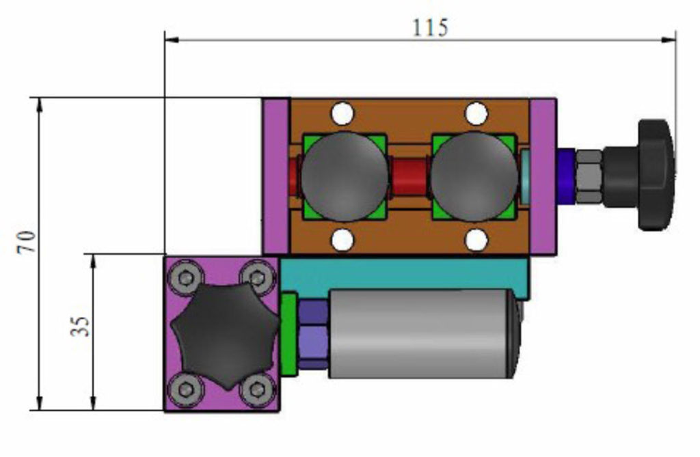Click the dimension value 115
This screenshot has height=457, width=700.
click(x=430, y=27)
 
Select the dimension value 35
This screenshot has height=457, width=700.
click(x=81, y=326)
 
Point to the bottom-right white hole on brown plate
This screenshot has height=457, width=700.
click(x=476, y=240)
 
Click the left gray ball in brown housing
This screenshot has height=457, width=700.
click(x=345, y=176)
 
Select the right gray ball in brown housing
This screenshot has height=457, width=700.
click(x=474, y=176)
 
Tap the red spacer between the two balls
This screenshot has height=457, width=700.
click(x=409, y=177)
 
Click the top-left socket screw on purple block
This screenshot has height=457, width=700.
click(x=185, y=277)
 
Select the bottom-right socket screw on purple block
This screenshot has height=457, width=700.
click(x=256, y=389)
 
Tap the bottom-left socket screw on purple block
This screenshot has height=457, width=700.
click(x=185, y=389)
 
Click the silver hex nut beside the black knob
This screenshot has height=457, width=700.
click(x=587, y=176)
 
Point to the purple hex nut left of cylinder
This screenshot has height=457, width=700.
click(x=313, y=334)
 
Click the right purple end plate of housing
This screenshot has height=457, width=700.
click(x=543, y=176)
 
